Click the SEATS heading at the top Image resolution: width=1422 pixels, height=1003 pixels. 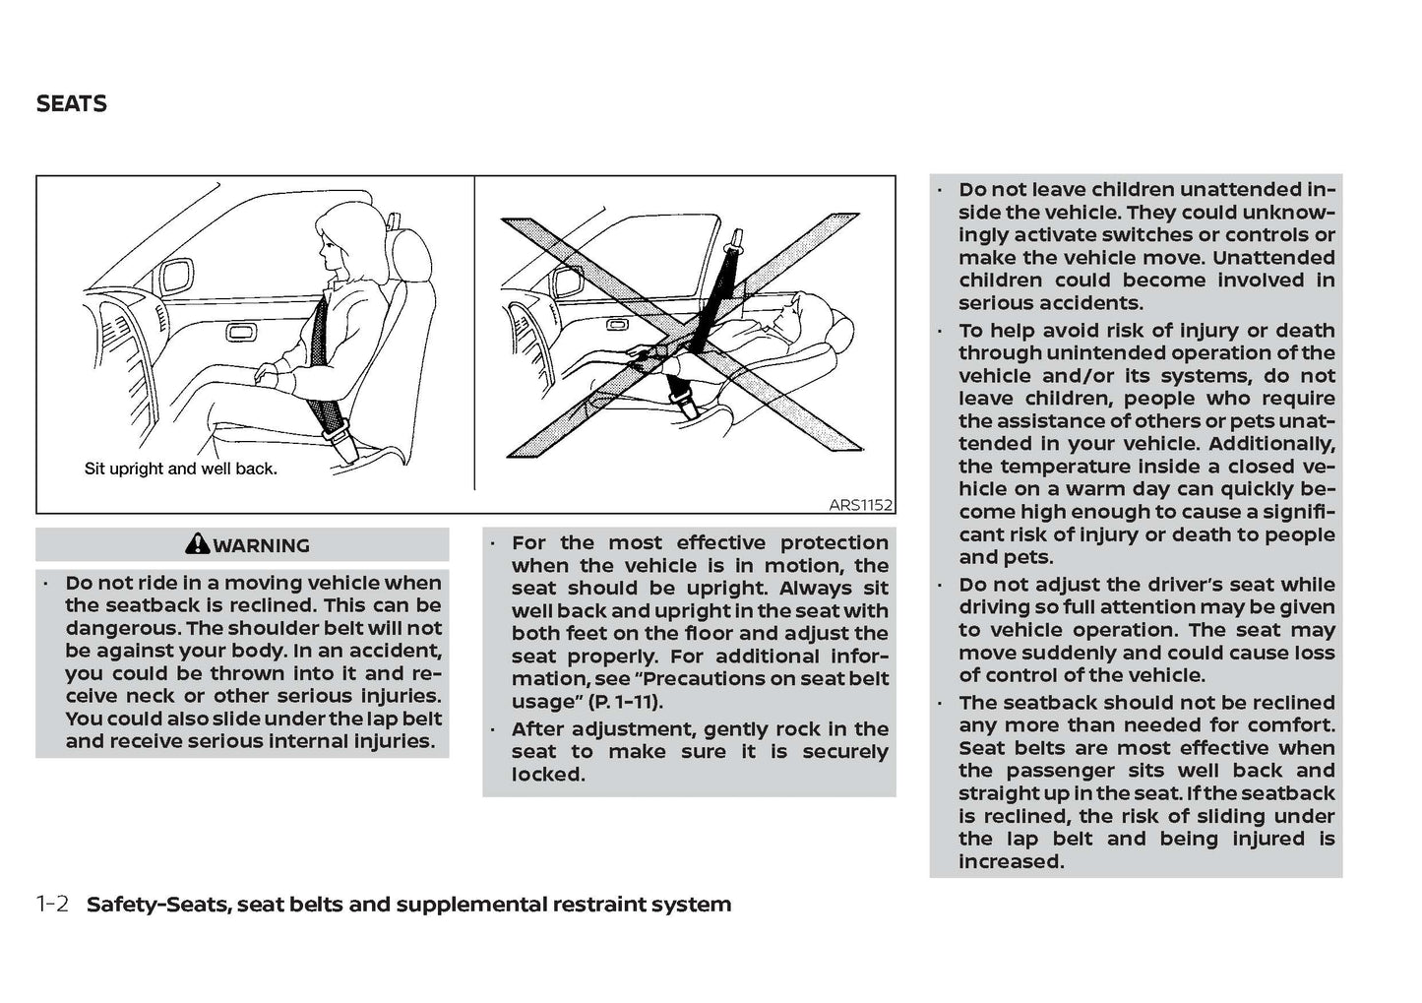coord(71,103)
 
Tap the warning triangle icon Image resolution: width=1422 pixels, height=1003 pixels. coord(197,543)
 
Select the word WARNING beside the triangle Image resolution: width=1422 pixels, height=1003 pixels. coord(261,545)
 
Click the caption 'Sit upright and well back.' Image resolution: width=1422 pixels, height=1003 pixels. coord(181,469)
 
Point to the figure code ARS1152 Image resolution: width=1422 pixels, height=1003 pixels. coord(860,505)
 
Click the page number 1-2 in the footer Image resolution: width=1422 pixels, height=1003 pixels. coord(52,904)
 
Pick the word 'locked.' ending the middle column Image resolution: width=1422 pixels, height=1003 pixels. coord(548,775)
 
